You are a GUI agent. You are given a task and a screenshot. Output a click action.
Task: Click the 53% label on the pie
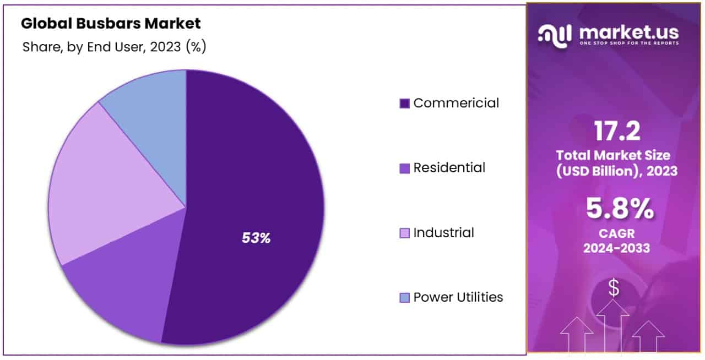[x=256, y=238]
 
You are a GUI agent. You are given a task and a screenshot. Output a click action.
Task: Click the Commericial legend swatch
[x=404, y=103]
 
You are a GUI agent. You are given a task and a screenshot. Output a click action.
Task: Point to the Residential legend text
[x=449, y=167]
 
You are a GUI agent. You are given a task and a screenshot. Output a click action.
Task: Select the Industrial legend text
[x=443, y=232]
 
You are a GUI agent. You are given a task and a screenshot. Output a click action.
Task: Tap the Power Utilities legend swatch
[x=404, y=298]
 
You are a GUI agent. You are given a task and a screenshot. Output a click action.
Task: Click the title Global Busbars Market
[x=111, y=24]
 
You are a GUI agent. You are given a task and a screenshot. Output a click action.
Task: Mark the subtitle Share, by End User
[x=114, y=47]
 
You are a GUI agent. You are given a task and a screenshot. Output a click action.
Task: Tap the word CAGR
[x=616, y=234]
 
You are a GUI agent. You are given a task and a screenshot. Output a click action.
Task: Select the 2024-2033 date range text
[x=616, y=248]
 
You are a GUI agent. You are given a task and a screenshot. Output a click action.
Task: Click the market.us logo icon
[x=555, y=35]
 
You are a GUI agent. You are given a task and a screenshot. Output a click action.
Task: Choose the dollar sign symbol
[x=614, y=287]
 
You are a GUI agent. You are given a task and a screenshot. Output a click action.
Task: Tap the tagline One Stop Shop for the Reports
[x=628, y=43]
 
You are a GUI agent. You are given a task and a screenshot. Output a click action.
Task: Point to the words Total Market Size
[x=616, y=155]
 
